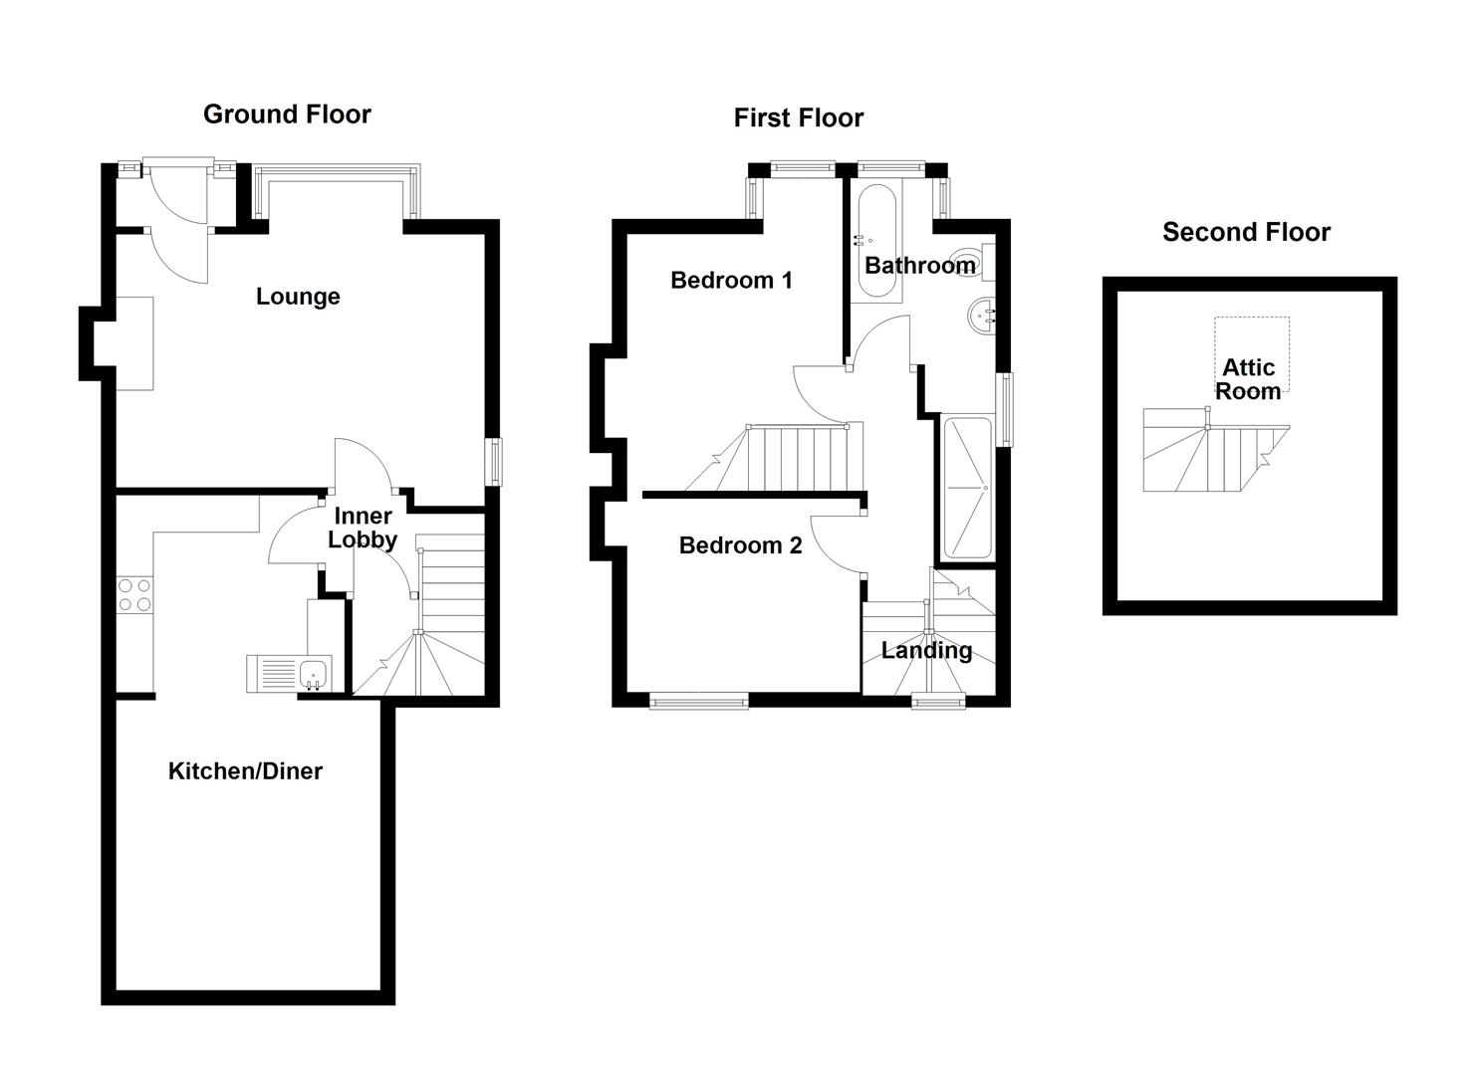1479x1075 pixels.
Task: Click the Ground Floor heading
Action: (287, 114)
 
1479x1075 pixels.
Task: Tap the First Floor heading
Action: (798, 118)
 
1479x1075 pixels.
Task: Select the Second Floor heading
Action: (1246, 233)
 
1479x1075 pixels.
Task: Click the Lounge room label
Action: (298, 297)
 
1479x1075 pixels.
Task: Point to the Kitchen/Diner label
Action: (245, 771)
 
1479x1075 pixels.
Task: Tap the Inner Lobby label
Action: (363, 529)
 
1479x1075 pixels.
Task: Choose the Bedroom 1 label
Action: (731, 281)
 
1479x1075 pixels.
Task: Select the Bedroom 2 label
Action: (740, 545)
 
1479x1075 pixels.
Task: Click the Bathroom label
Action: (919, 266)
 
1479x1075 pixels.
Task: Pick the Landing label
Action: (926, 651)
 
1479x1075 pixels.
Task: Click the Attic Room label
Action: (1248, 380)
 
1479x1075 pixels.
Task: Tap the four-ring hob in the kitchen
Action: (134, 595)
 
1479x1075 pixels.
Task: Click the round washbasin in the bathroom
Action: (981, 317)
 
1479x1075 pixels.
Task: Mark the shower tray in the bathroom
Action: (965, 488)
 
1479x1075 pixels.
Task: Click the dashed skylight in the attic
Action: (1251, 343)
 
